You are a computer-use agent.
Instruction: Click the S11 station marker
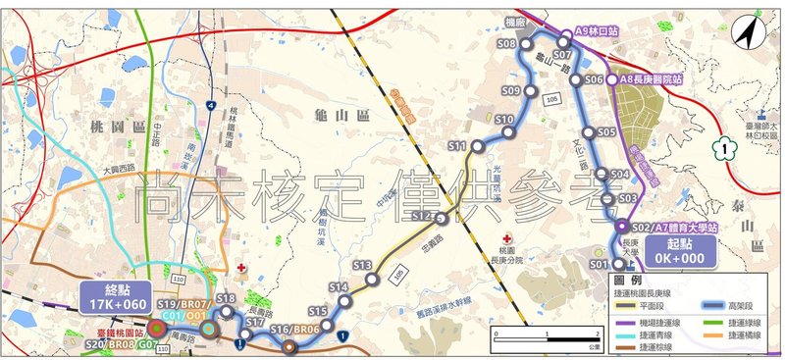[478, 146]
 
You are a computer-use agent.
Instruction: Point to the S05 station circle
[588, 132]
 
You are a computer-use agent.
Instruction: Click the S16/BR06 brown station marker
[288, 344]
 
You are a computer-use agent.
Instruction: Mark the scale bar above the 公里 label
[555, 335]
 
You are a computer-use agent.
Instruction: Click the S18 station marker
[227, 312]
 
